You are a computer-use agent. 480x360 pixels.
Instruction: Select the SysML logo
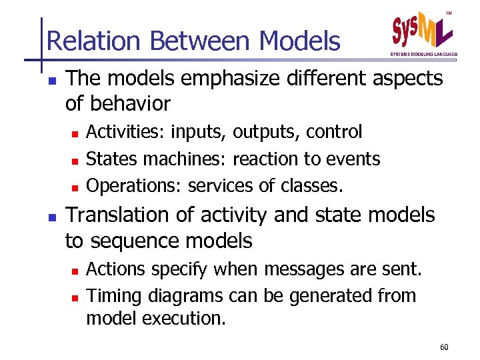click(x=423, y=30)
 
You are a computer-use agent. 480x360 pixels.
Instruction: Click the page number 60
click(x=445, y=347)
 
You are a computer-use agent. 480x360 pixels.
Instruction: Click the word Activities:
click(x=124, y=132)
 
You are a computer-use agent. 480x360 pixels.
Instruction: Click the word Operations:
click(x=134, y=186)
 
